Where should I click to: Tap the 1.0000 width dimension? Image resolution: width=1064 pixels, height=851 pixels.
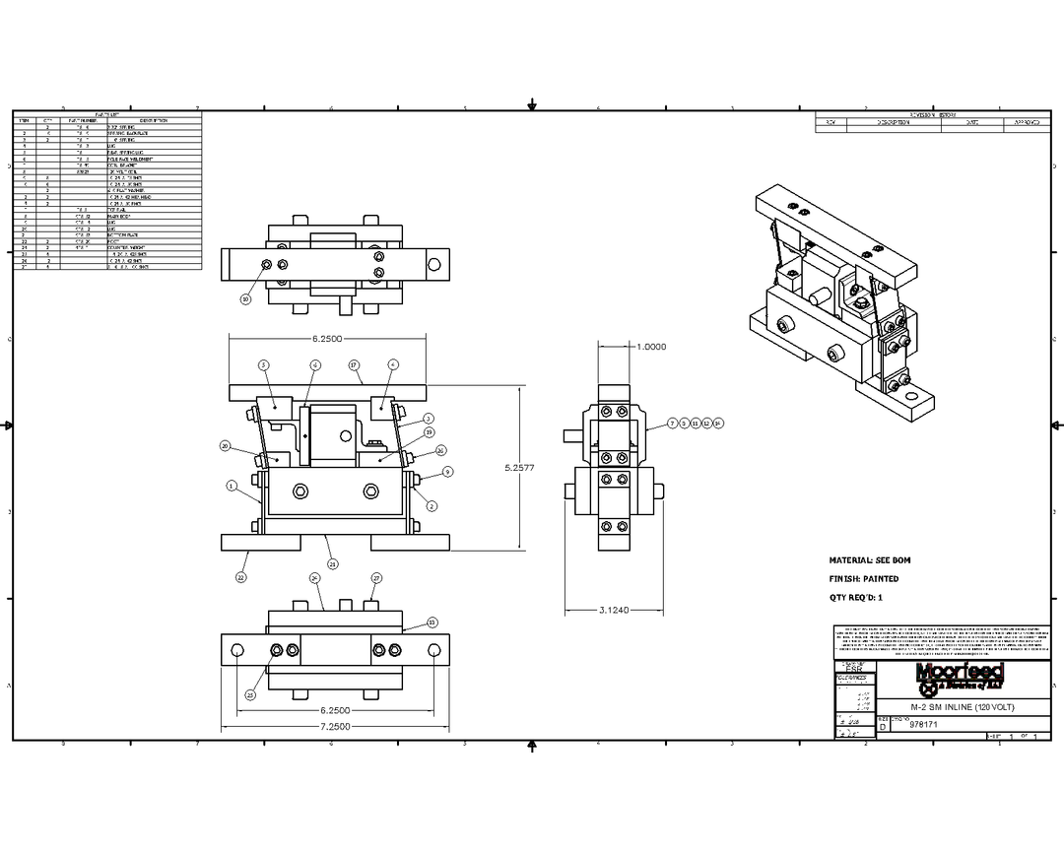pos(651,347)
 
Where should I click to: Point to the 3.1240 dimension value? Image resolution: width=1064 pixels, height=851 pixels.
pos(616,610)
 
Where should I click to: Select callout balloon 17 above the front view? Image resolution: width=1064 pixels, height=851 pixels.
pos(353,364)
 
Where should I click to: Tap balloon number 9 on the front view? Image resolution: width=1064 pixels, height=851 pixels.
pos(447,472)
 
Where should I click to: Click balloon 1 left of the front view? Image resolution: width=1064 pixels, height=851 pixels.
pos(232,486)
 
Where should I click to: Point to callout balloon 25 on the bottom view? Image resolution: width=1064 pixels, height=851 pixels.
pos(249,694)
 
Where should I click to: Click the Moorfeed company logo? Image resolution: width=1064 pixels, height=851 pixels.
pos(960,676)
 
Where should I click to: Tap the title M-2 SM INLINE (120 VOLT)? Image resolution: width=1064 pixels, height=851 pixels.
pos(961,707)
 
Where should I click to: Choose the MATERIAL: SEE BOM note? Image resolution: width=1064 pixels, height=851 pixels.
pos(870,559)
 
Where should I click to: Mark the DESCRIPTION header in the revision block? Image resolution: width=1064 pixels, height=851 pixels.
pos(898,123)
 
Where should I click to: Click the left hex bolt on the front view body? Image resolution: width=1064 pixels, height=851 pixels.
pos(299,491)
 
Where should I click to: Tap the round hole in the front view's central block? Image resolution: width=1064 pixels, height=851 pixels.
pos(344,434)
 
